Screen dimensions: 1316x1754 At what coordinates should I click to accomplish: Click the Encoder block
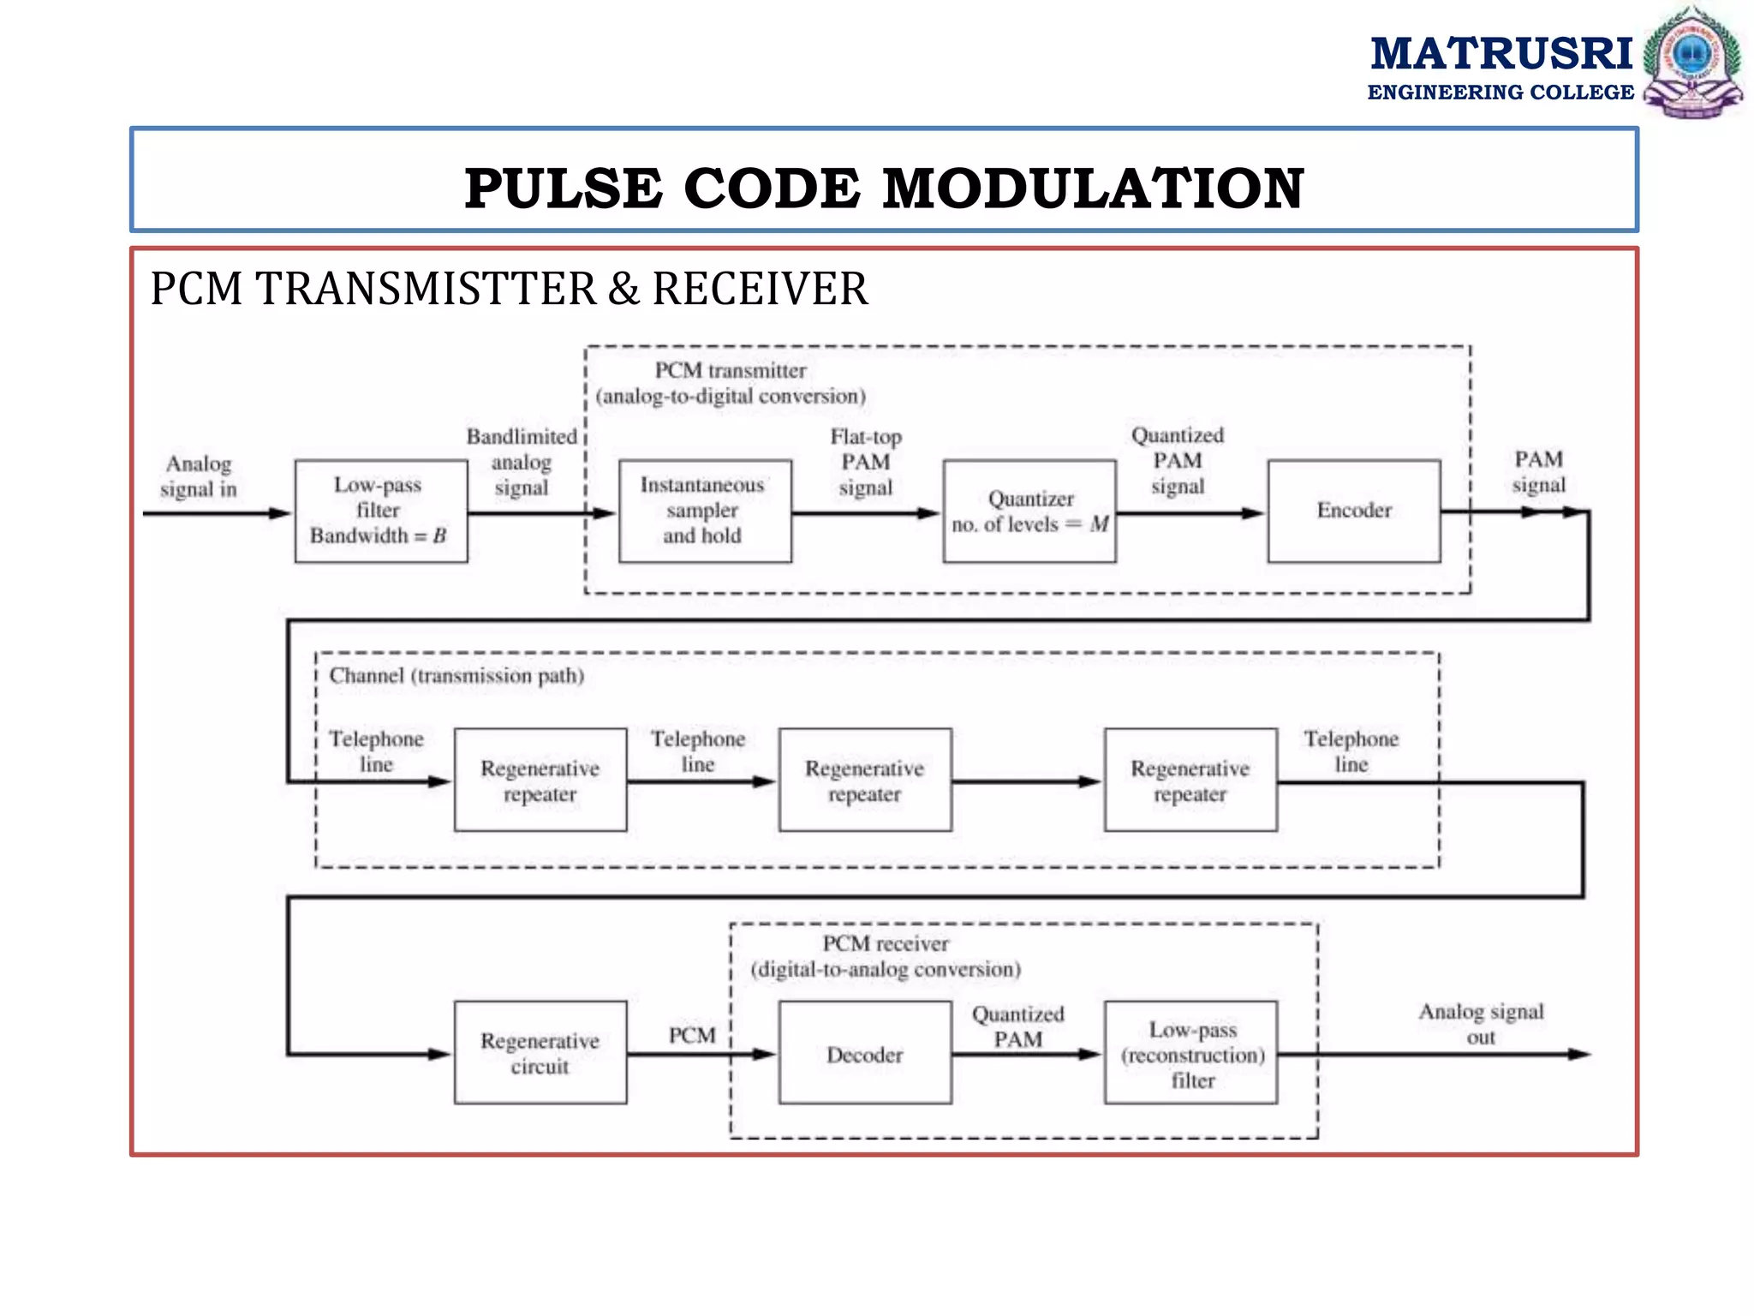click(1353, 511)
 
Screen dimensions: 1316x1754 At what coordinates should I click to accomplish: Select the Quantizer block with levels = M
click(1029, 511)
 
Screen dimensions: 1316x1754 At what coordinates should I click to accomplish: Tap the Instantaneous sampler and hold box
click(704, 511)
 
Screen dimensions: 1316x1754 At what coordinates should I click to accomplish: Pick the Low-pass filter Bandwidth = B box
click(380, 511)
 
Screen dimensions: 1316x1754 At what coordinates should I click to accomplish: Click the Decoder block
click(865, 1053)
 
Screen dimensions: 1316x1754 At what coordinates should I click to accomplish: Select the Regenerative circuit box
click(540, 1053)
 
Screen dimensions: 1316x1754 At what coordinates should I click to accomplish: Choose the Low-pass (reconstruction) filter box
click(1191, 1053)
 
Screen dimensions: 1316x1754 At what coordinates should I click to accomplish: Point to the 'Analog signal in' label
click(198, 476)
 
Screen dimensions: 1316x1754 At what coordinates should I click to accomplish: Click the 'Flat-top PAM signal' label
click(865, 462)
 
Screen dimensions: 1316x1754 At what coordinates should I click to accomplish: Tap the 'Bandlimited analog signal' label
click(522, 462)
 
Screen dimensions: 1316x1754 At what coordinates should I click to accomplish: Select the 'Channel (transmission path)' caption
click(456, 676)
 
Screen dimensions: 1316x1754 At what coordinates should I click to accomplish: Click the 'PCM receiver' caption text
click(886, 944)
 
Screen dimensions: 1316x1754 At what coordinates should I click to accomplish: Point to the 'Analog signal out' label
click(1481, 1024)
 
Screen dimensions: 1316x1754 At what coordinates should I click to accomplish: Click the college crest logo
click(1692, 62)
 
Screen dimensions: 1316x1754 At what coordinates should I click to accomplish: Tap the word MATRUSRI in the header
click(1500, 54)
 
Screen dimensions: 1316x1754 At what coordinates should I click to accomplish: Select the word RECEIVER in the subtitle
click(760, 289)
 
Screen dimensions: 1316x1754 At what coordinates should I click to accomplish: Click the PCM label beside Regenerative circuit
click(692, 1036)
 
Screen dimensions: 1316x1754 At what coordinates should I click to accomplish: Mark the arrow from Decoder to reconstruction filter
click(1027, 1055)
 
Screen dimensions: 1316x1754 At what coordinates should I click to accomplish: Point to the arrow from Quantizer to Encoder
click(1190, 514)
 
